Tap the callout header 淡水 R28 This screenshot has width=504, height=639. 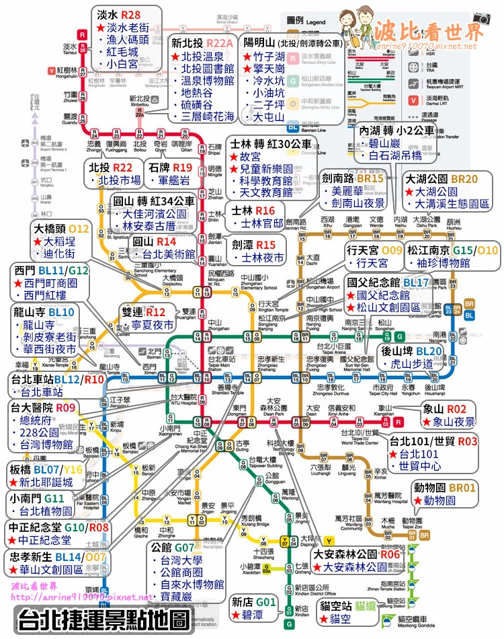pyautogui.click(x=119, y=14)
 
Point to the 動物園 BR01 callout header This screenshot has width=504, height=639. pyautogui.click(x=445, y=488)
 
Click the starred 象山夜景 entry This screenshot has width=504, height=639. pyautogui.click(x=452, y=422)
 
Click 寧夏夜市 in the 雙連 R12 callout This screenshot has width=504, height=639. pyautogui.click(x=151, y=326)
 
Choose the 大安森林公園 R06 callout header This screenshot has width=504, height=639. pyautogui.click(x=358, y=554)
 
